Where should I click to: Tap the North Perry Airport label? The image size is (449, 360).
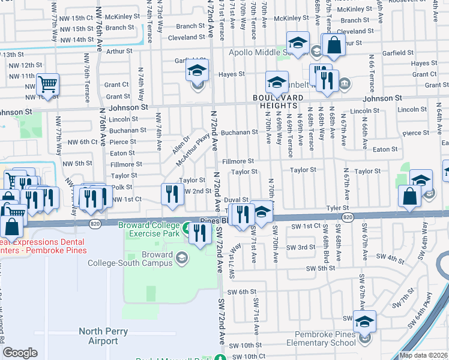pos(98,336)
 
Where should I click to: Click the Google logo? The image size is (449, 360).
pos(20,353)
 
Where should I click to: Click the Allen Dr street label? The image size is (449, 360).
pos(180,145)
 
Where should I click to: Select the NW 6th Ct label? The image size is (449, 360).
pos(82,142)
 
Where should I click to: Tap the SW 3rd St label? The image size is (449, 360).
pos(301,247)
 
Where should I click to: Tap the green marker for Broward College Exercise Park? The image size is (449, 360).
pos(187,228)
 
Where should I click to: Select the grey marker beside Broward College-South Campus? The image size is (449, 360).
pos(181,258)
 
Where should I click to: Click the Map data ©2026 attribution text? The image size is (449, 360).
pos(424,355)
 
